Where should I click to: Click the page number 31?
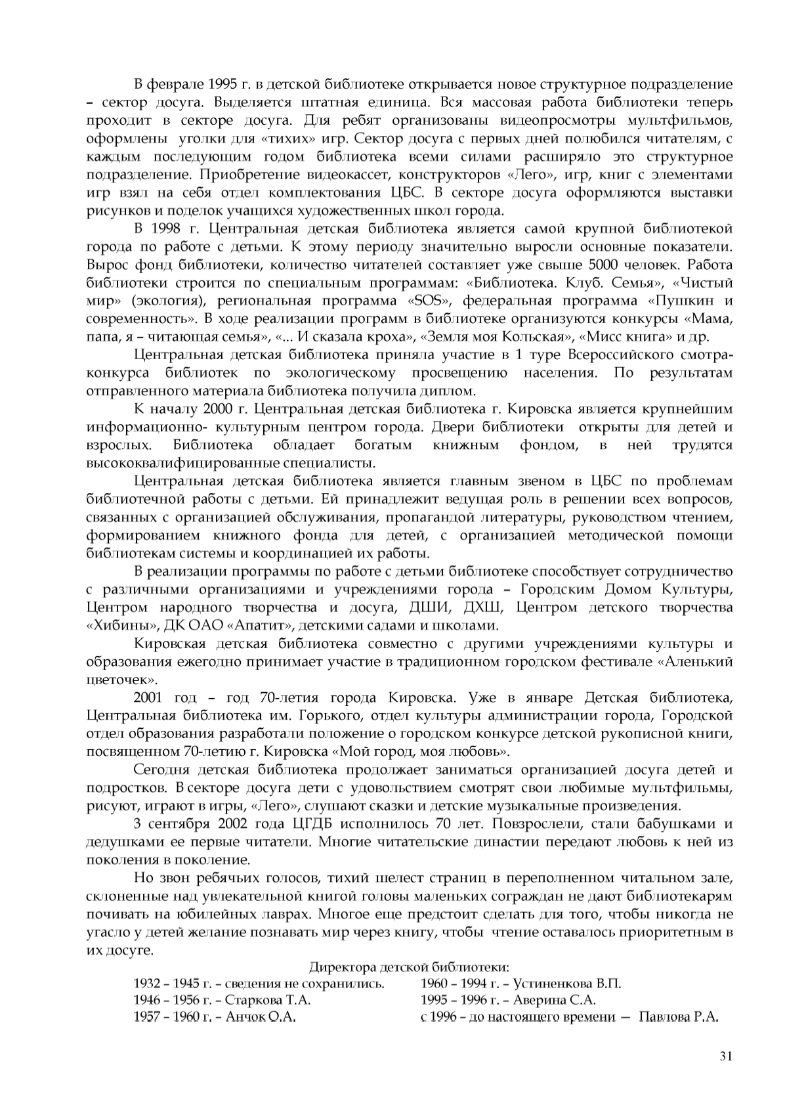(725, 1055)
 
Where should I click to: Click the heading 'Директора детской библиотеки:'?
(409, 967)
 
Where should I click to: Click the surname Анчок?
(245, 1018)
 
